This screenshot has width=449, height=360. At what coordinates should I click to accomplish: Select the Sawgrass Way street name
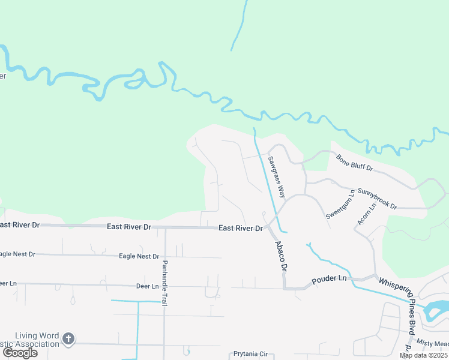click(276, 176)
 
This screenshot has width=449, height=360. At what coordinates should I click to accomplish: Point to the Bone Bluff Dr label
click(355, 163)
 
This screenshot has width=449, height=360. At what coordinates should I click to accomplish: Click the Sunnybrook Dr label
click(378, 199)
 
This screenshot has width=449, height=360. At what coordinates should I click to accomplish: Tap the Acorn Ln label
click(366, 214)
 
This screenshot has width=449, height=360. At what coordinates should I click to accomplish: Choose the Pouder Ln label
click(329, 279)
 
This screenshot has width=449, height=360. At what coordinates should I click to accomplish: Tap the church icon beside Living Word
click(68, 339)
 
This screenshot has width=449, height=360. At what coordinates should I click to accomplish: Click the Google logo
click(20, 353)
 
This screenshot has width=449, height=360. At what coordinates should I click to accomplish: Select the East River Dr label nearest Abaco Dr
click(241, 229)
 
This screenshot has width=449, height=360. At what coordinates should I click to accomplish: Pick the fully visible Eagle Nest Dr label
click(139, 256)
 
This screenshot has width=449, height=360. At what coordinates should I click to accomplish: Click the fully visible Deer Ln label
click(147, 286)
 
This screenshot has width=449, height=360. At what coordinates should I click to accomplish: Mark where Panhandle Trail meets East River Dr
click(164, 227)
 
